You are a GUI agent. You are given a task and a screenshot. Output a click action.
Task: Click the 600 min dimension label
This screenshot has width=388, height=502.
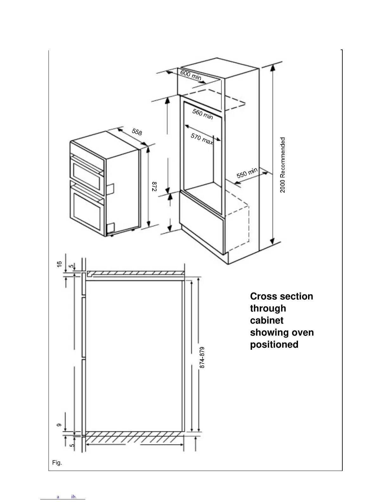coord(191,75)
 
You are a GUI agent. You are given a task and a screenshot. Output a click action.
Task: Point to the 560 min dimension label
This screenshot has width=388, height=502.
coord(203,114)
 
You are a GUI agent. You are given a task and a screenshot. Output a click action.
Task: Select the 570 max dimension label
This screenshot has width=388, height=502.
coord(202,139)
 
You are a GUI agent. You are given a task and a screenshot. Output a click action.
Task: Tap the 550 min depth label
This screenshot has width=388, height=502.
coord(247,173)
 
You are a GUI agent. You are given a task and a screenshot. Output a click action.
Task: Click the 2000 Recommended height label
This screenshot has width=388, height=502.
coord(283,164)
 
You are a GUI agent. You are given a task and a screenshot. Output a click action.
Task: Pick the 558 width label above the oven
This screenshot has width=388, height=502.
coord(137,132)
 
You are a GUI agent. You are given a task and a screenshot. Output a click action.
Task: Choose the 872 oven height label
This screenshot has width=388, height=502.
coord(154,186)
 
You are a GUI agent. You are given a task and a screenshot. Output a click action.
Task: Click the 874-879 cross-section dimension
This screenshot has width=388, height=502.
coord(202,357)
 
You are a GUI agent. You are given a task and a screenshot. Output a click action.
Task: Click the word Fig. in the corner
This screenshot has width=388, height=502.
coord(57,463)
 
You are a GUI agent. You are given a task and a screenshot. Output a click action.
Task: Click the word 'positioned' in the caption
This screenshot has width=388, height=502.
coord(274,344)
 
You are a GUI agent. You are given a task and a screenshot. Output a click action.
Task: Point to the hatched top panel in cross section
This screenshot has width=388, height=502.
coord(135,273)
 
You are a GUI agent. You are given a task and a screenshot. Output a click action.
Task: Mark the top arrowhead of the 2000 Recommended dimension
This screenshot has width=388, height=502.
coord(273,66)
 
